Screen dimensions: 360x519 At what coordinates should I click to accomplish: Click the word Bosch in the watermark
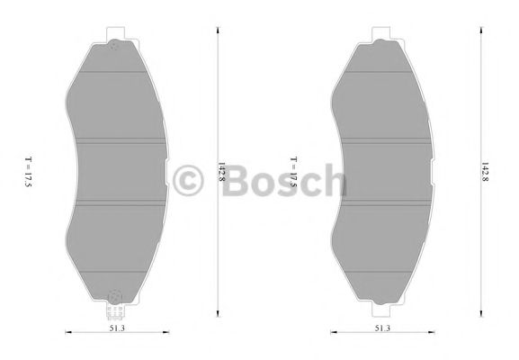281,180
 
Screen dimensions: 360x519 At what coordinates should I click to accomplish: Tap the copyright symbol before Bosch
189,180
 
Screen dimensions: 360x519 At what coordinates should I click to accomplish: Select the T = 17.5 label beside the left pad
29,171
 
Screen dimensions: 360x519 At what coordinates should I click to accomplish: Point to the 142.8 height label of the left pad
222,174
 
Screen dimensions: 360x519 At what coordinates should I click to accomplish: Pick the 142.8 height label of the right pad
485,174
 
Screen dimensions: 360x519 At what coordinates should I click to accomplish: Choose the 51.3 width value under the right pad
382,329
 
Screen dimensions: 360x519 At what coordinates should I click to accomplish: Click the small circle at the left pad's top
114,48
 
